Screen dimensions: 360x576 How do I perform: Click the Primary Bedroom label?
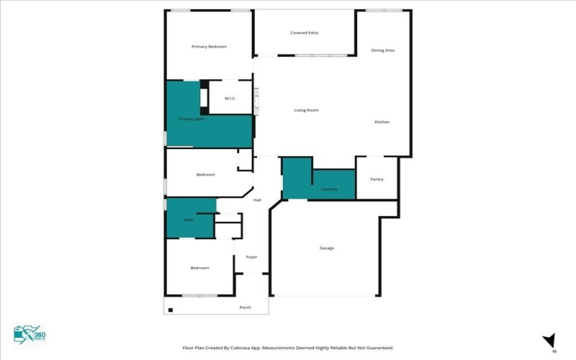pos(209,47)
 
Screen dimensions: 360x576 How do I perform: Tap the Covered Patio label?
pos(305,33)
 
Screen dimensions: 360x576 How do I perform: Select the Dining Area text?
pos(382,50)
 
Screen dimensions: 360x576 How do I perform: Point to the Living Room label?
pos(306,110)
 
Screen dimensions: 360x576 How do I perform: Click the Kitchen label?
pos(382,122)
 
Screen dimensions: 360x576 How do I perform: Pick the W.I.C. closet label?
pos(230,98)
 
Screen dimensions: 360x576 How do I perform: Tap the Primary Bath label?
pos(192,119)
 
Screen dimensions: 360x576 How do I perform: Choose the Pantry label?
pos(377,179)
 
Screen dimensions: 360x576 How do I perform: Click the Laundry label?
pos(329,189)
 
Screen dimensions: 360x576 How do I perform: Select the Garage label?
pos(327,248)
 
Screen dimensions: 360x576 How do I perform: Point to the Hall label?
pos(257,200)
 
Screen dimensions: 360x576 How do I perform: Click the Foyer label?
pos(251,257)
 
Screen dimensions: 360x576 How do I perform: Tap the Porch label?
pos(246,307)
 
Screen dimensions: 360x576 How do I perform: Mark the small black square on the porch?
pos(171,310)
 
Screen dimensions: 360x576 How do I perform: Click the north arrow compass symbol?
pos(549,340)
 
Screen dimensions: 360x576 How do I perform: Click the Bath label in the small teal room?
pos(189,220)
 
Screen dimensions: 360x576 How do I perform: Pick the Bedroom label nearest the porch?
pos(199,268)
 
